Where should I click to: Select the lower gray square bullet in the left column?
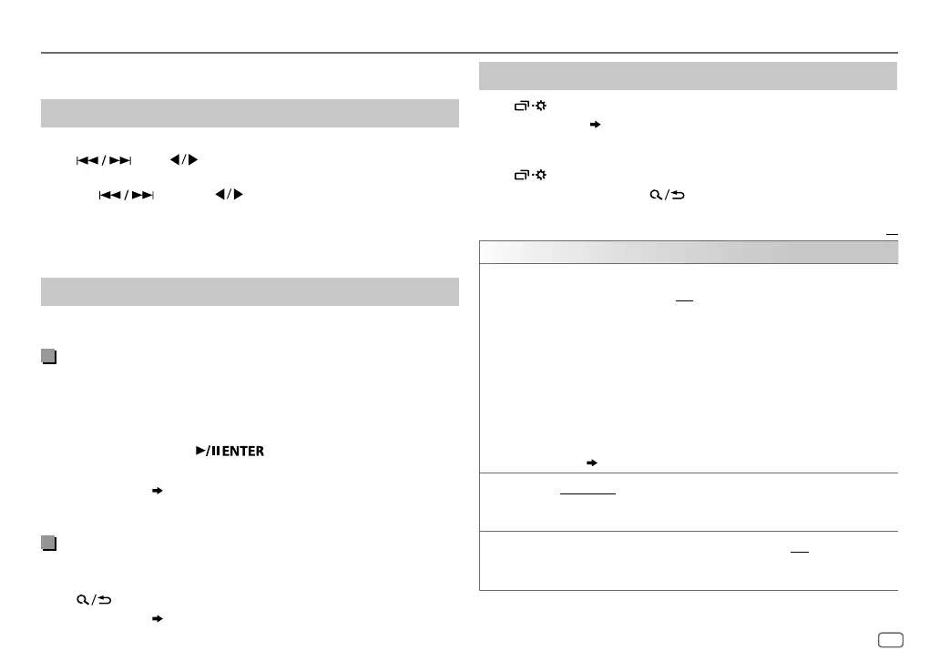(x=47, y=544)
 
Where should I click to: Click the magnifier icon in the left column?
(x=83, y=601)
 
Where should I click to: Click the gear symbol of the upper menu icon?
(x=541, y=106)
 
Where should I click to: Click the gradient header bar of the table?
(x=689, y=252)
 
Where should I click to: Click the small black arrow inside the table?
(x=593, y=463)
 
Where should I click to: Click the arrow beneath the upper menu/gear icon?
(x=596, y=124)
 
